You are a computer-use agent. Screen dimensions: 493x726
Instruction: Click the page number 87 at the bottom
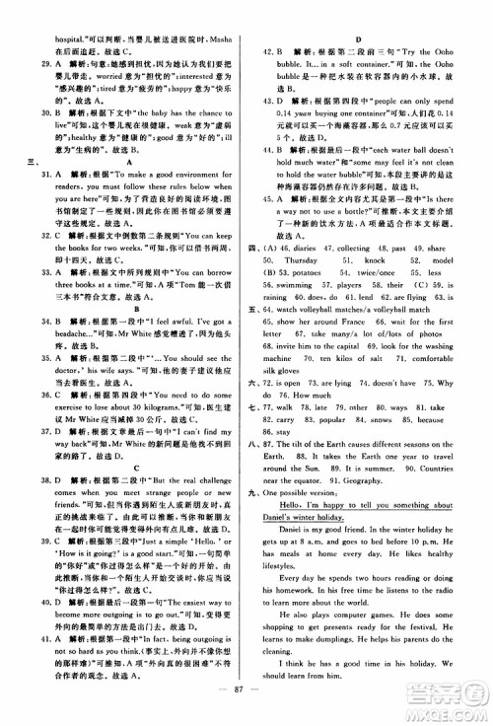(x=246, y=707)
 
